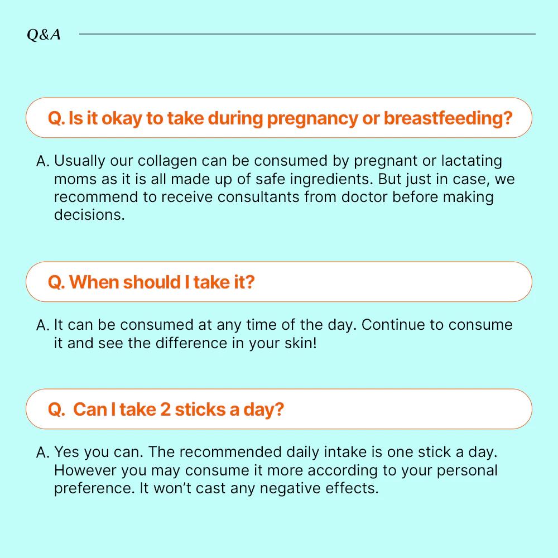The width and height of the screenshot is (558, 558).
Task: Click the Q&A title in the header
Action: point(44,35)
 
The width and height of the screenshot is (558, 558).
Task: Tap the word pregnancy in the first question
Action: point(312,118)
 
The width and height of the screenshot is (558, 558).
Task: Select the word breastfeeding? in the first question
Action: point(448,118)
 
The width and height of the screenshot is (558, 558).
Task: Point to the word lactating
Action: point(472,161)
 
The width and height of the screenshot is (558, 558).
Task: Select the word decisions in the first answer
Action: point(89,215)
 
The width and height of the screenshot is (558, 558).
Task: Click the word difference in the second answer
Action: point(191,343)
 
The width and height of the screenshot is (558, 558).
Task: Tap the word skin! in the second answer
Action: point(300,343)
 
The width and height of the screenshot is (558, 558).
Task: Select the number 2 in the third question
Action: point(165,409)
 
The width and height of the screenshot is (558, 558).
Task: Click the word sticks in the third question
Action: point(200,409)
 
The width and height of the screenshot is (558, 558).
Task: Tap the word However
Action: point(85,470)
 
